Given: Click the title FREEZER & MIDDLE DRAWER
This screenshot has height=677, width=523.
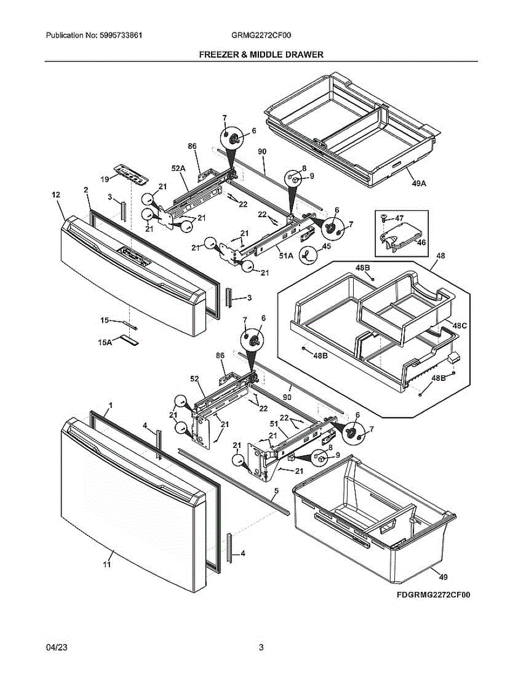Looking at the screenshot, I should [x=261, y=55].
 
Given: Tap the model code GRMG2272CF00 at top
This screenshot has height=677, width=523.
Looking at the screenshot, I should [x=261, y=35].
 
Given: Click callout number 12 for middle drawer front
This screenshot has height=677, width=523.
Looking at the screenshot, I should [x=55, y=195].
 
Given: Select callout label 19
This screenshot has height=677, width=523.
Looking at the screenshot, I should [x=105, y=179].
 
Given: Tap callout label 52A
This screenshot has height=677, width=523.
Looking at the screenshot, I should [x=178, y=168].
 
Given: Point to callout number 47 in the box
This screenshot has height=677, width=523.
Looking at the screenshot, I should [x=399, y=218].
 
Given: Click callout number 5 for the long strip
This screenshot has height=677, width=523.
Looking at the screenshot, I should [x=276, y=490].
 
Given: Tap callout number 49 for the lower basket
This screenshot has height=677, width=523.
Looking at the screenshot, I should [x=443, y=577].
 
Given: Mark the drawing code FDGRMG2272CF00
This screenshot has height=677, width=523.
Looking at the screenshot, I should [x=433, y=595].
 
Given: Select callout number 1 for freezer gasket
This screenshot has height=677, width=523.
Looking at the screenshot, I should [x=111, y=406].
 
